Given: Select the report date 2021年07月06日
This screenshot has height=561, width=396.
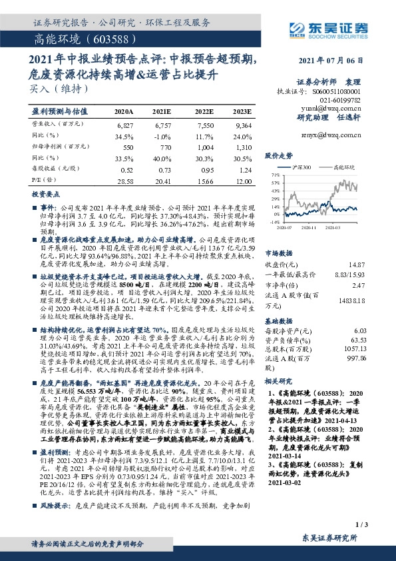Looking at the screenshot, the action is point(343,61).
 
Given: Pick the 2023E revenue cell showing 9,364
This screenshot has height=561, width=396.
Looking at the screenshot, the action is point(243,125).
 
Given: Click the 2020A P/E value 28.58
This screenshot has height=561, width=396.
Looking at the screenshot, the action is point(124,181).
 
